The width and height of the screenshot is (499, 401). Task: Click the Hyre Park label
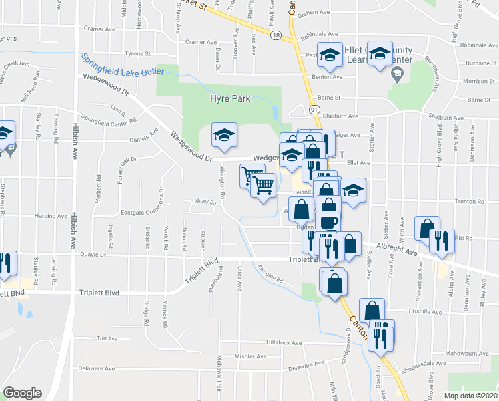pyautogui.click(x=230, y=98)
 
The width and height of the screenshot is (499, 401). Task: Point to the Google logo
pyautogui.click(x=22, y=392)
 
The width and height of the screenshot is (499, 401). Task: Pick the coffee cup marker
pyautogui.click(x=328, y=221)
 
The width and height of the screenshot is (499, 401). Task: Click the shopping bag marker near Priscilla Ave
pyautogui.click(x=371, y=311)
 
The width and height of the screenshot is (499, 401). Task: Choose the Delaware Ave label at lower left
pyautogui.click(x=97, y=368)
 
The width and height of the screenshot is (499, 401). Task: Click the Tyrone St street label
pyautogui.click(x=138, y=53)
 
